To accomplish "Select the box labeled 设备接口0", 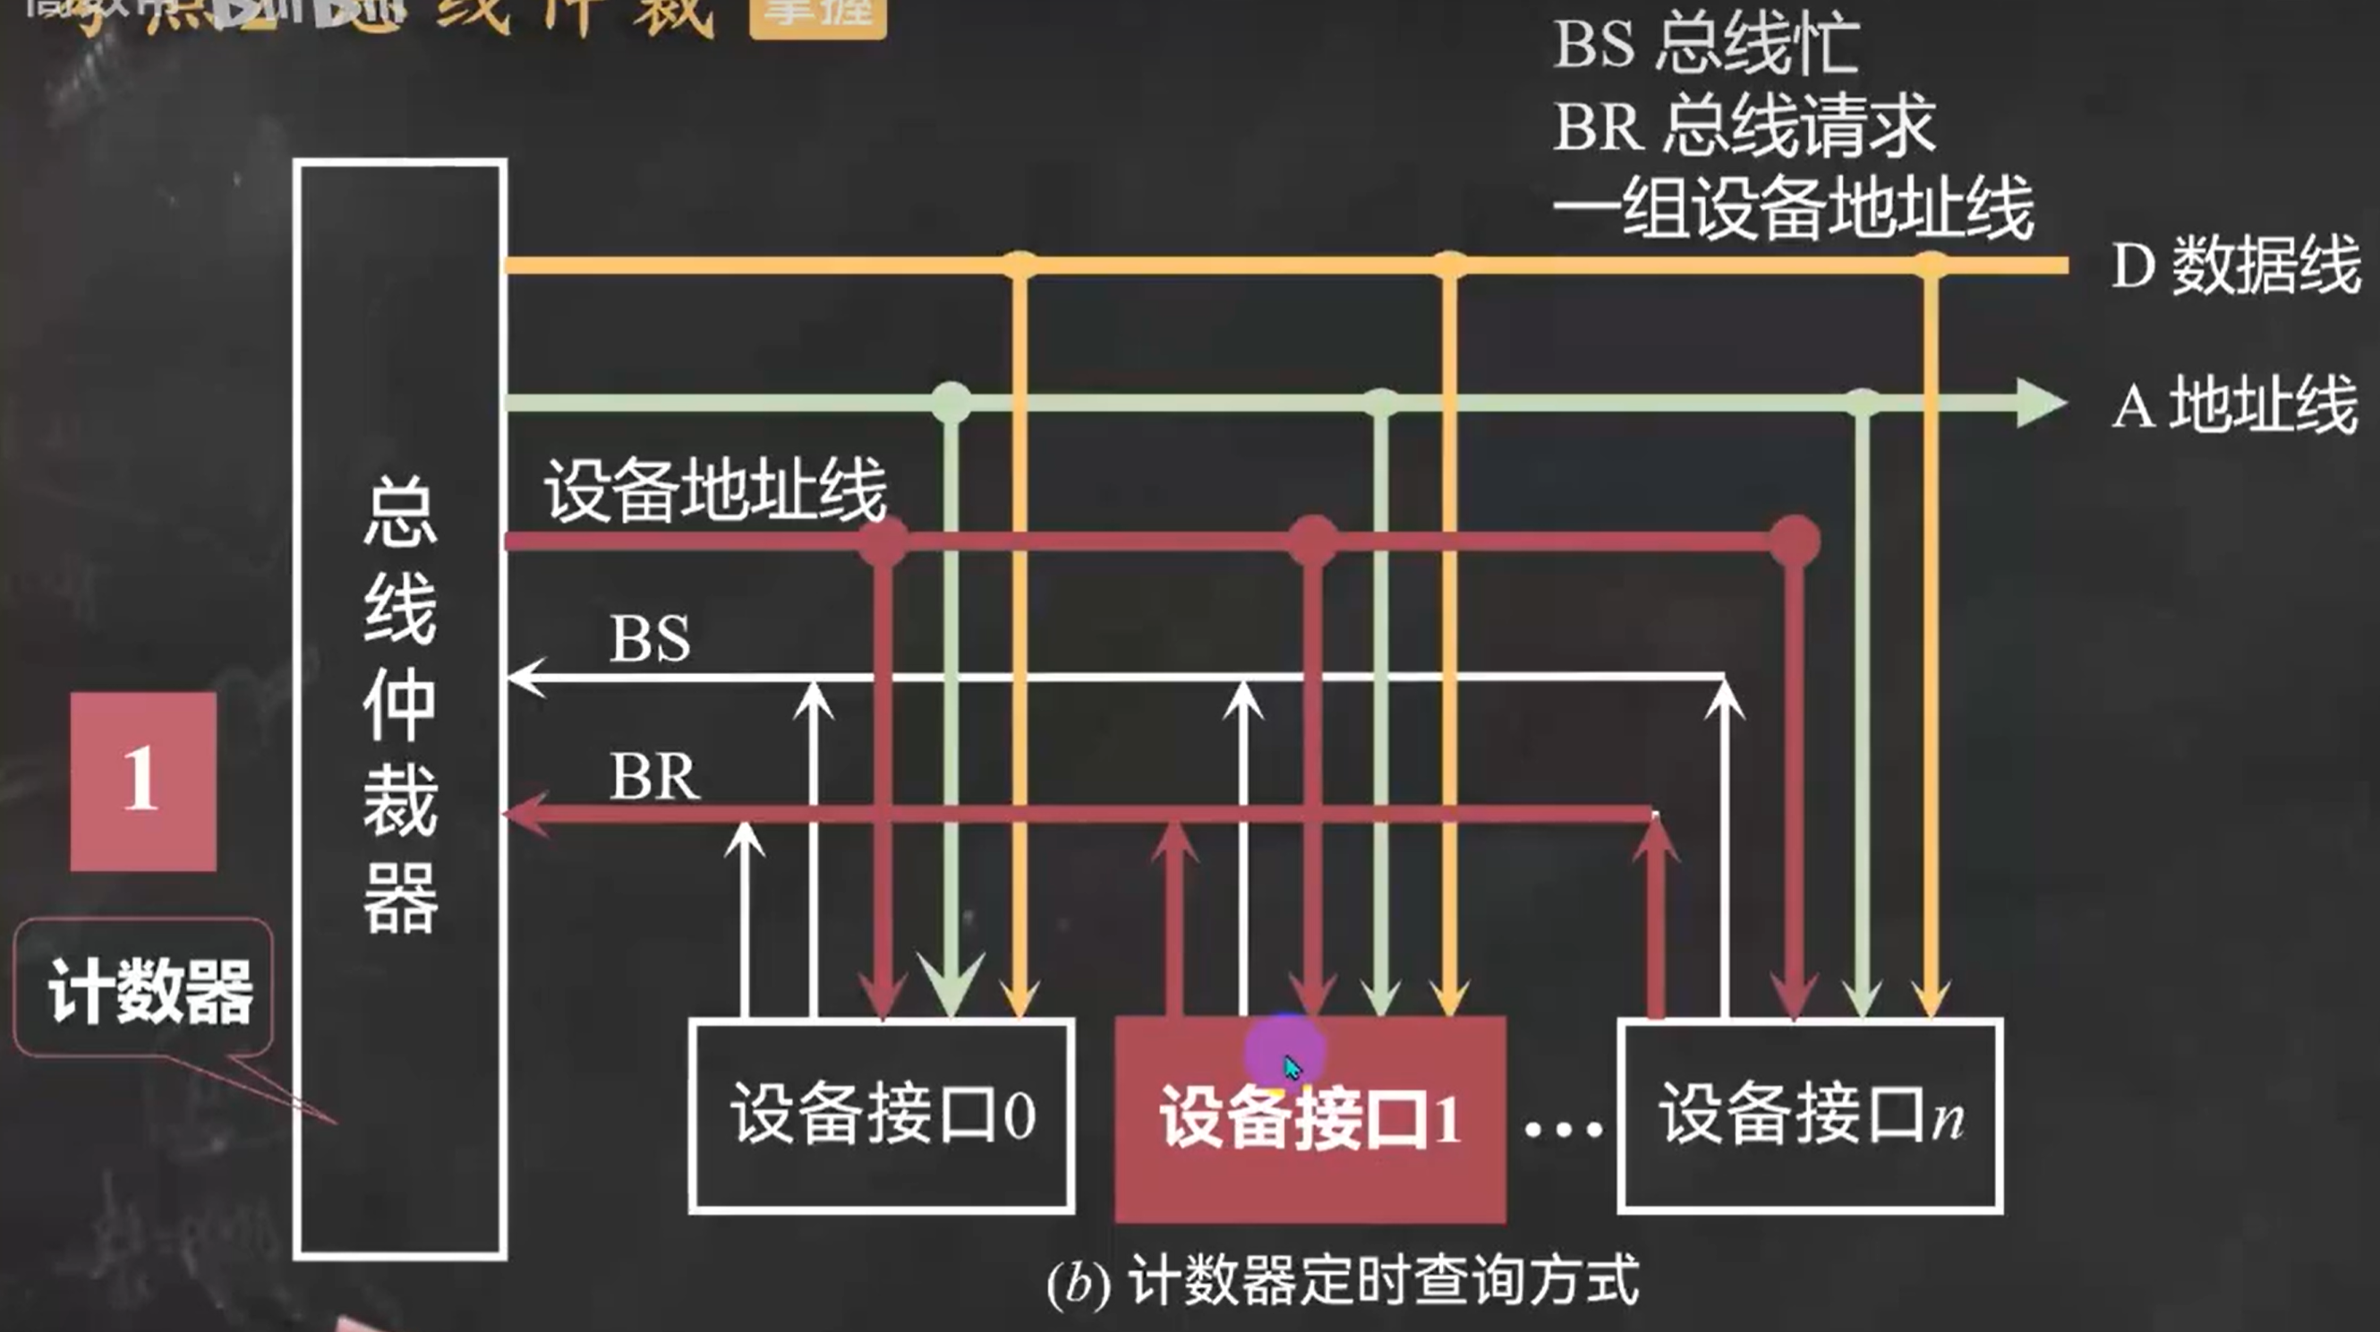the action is pyautogui.click(x=882, y=1116).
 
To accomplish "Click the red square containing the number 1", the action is pyautogui.click(x=143, y=781).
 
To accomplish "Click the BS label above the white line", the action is pyautogui.click(x=650, y=639).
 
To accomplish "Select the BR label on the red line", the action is pyautogui.click(x=654, y=777).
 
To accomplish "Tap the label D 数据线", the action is pyautogui.click(x=2236, y=266).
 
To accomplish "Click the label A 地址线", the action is pyautogui.click(x=2234, y=405).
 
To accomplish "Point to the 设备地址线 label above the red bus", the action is pyautogui.click(x=714, y=490).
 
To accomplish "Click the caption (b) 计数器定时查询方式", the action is pyautogui.click(x=1342, y=1282).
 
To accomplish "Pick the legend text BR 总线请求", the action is pyautogui.click(x=1743, y=125).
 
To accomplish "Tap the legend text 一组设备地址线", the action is pyautogui.click(x=1793, y=209).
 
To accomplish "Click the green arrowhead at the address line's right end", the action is pyautogui.click(x=2040, y=403).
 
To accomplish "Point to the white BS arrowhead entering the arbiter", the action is pyautogui.click(x=526, y=678).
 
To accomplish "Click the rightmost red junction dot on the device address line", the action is pyautogui.click(x=1795, y=541).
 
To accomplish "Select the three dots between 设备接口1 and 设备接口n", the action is pyautogui.click(x=1564, y=1129).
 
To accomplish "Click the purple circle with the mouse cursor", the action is pyautogui.click(x=1284, y=1053).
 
